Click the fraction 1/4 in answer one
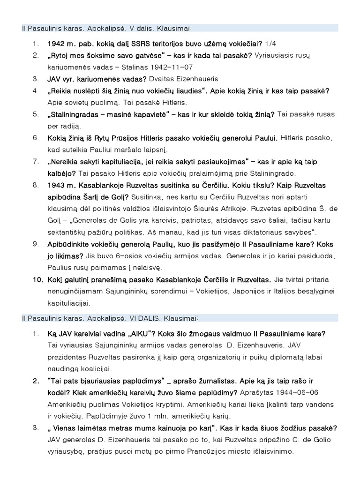click(x=270, y=44)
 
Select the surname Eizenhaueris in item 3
click(x=198, y=79)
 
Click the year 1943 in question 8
click(x=56, y=185)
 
